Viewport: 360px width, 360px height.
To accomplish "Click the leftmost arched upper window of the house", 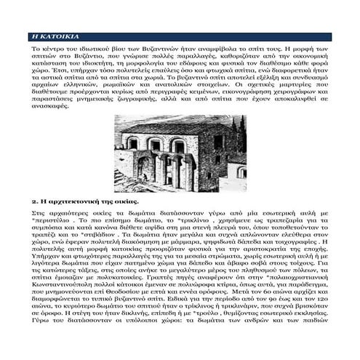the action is click(x=133, y=143).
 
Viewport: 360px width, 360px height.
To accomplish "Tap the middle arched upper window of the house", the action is click(x=155, y=145).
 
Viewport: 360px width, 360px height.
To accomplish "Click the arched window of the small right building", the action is click(x=241, y=172).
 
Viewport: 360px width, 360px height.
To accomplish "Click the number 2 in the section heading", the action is click(x=33, y=201).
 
